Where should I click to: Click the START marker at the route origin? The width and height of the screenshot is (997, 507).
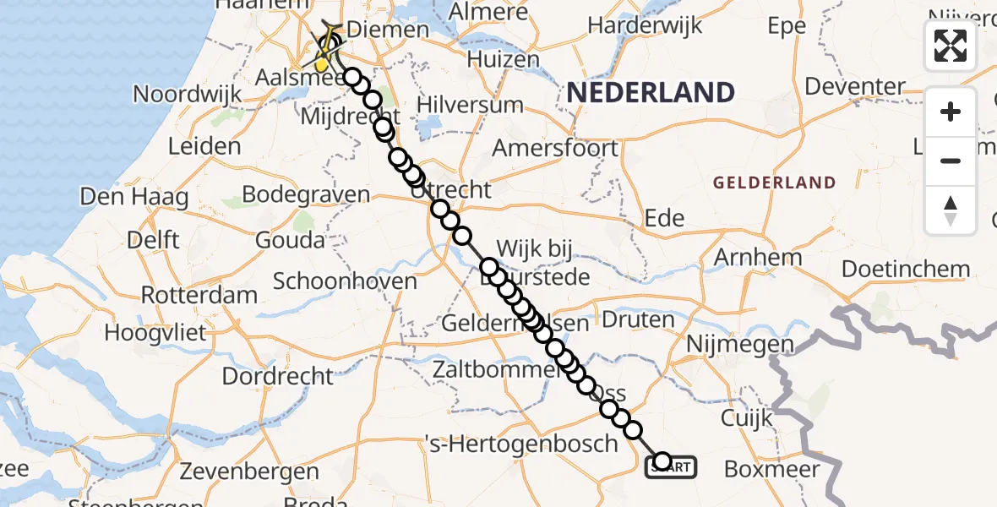pyautogui.click(x=672, y=466)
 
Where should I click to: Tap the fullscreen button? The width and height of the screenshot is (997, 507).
pyautogui.click(x=951, y=46)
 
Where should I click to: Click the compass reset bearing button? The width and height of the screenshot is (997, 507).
pyautogui.click(x=951, y=210)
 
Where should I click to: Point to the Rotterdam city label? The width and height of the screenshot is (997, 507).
pyautogui.click(x=199, y=296)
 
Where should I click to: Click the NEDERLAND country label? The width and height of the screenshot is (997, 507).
pyautogui.click(x=650, y=92)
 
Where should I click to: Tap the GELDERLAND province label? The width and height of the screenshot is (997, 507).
pyautogui.click(x=774, y=183)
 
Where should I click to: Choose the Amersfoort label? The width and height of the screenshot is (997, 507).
pyautogui.click(x=555, y=148)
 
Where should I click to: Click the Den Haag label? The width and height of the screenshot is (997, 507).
pyautogui.click(x=133, y=198)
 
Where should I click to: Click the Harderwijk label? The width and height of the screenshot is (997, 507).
pyautogui.click(x=645, y=25)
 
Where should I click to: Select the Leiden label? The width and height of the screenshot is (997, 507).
pyautogui.click(x=204, y=146)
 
